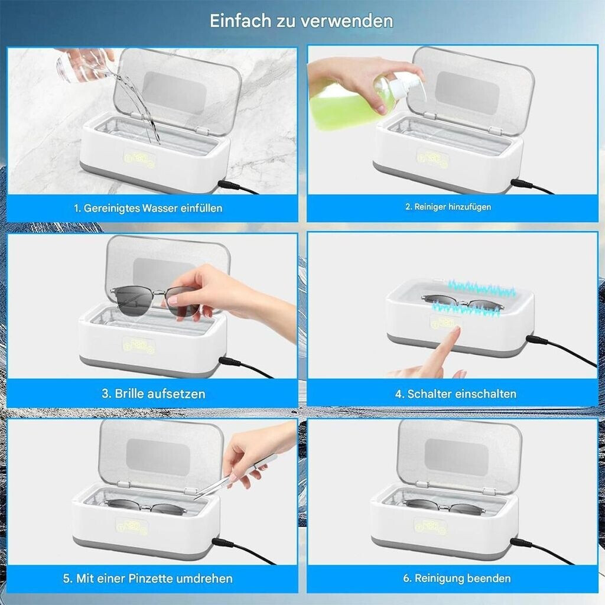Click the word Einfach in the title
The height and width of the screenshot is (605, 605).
click(240, 21)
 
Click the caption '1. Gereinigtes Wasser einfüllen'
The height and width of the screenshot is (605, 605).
click(148, 209)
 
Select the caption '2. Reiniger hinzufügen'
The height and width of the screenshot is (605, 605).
click(448, 207)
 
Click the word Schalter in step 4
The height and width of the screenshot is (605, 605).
click(429, 393)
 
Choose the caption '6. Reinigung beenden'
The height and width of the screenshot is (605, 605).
click(457, 578)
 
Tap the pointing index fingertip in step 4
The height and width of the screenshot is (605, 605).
click(456, 330)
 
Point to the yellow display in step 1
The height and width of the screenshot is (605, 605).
click(139, 158)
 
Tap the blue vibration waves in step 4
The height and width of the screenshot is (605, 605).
click(474, 298)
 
